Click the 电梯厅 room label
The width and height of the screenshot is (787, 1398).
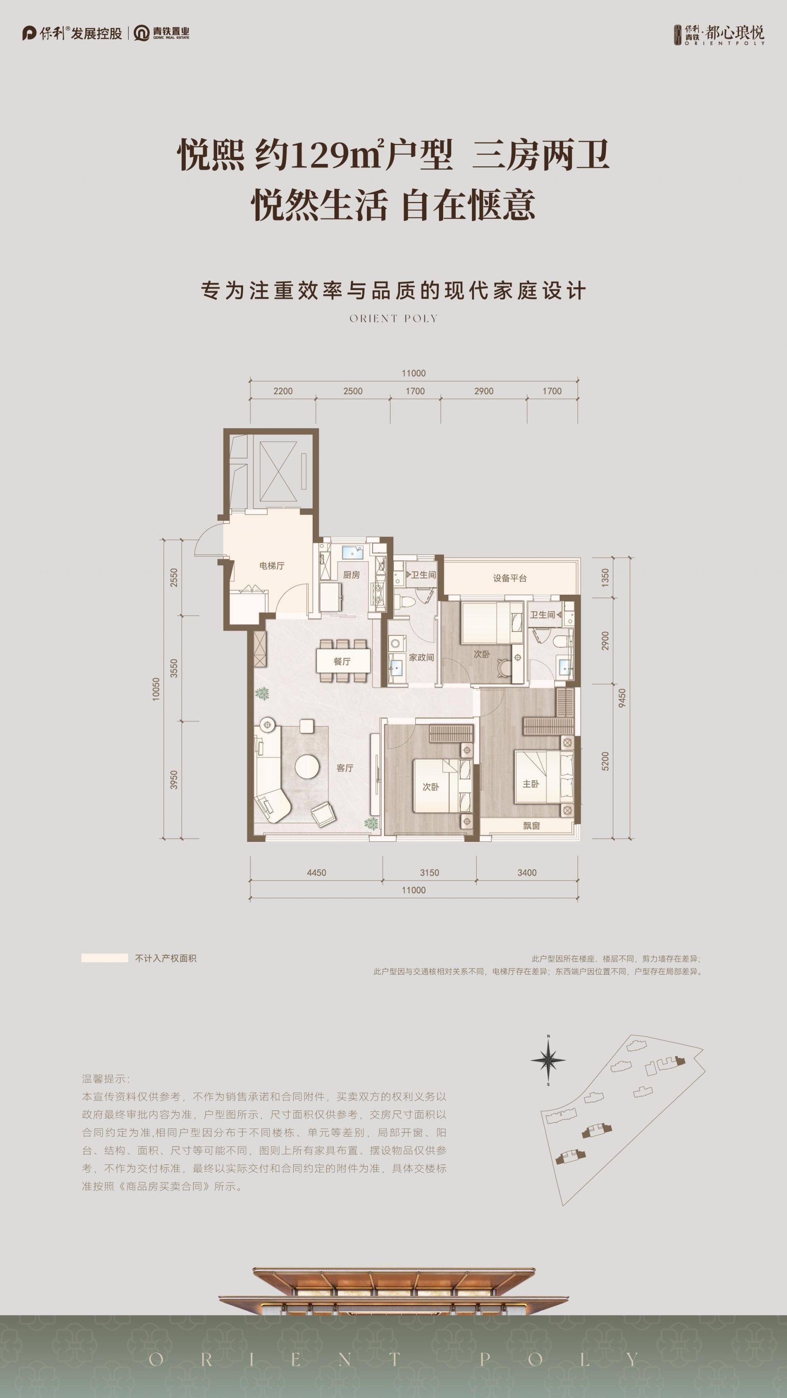pos(272,565)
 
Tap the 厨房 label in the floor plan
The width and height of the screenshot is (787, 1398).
pos(351,575)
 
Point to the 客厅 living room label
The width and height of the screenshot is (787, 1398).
pos(345,768)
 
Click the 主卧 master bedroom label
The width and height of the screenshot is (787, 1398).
pos(531,784)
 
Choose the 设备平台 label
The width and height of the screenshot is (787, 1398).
pos(510,578)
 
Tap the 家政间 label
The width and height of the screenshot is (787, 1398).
pos(421,657)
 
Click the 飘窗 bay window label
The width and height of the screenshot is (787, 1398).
pos(531,826)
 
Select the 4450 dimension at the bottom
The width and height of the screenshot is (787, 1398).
pos(316,873)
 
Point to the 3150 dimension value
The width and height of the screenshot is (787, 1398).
pos(429,873)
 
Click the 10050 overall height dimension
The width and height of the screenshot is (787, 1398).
pos(156,689)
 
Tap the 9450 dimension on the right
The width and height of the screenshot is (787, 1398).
pos(622,697)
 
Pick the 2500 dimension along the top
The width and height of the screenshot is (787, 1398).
pos(353,391)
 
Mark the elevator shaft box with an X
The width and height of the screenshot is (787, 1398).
pos(279,472)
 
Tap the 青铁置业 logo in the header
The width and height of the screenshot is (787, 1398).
pos(162,33)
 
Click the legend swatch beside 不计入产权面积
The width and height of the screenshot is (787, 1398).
pos(105,958)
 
